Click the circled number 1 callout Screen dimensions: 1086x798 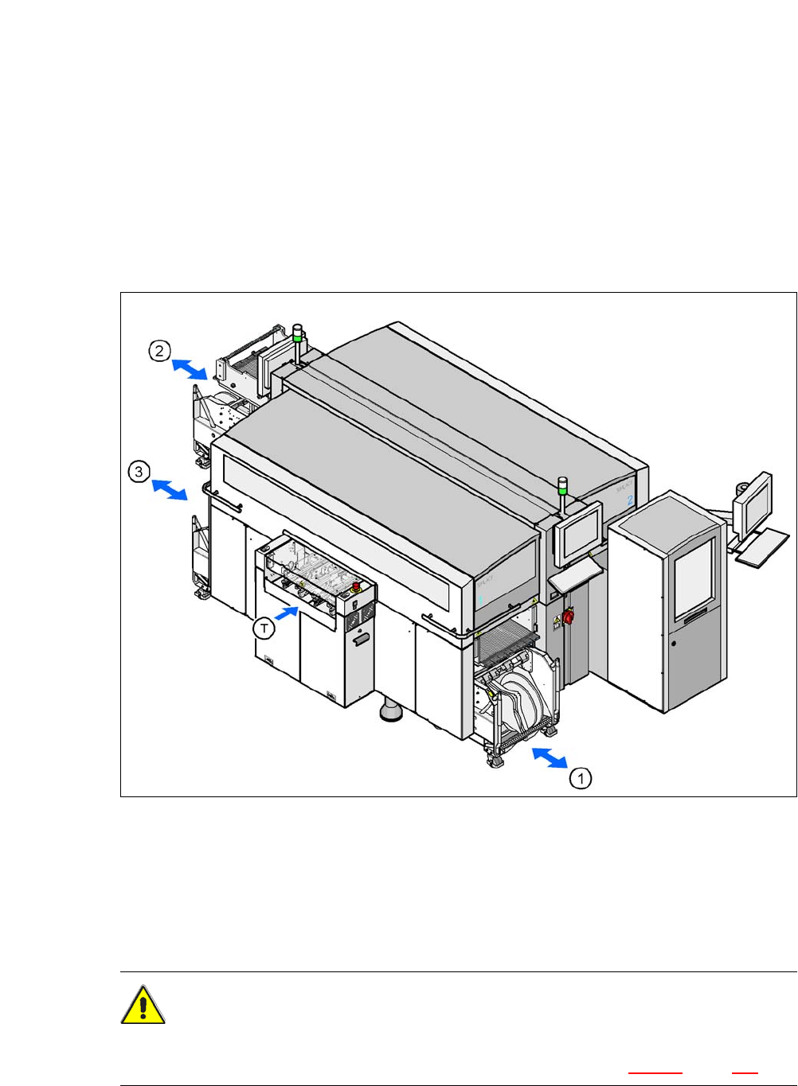(x=581, y=777)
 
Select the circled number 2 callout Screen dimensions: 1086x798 (x=159, y=350)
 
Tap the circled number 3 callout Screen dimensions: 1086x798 (x=139, y=472)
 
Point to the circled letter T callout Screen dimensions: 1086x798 (x=264, y=629)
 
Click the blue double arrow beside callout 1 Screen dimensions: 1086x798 (x=550, y=758)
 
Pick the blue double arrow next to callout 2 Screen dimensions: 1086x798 (x=190, y=368)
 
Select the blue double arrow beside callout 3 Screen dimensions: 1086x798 (x=169, y=489)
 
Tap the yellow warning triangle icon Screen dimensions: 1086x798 (x=143, y=1006)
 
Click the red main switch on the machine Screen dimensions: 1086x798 (x=569, y=617)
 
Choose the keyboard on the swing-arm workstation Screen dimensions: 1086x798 (x=762, y=549)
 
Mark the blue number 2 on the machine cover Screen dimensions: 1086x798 (x=629, y=500)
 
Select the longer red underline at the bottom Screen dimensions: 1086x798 (x=655, y=1073)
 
